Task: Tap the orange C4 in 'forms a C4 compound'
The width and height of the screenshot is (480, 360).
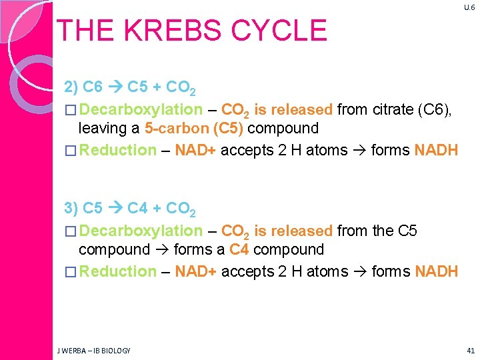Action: pos(239,249)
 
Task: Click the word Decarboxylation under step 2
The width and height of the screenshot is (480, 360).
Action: pos(141,109)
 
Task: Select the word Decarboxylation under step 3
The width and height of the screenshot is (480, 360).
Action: pos(141,231)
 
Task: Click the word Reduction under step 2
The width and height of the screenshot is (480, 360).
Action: pos(117,150)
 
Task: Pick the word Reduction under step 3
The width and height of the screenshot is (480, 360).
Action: pos(117,271)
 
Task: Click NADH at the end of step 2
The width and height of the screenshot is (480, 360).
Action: pos(436,150)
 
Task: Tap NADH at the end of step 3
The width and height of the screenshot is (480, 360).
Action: pos(436,271)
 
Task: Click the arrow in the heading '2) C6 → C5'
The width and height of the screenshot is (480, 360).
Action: pos(115,87)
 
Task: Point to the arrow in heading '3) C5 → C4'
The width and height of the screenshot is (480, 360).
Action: pos(115,209)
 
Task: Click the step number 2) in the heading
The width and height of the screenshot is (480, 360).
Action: pos(71,87)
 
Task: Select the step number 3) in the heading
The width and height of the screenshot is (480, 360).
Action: pos(71,209)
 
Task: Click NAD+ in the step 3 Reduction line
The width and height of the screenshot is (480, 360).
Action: pos(195,271)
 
